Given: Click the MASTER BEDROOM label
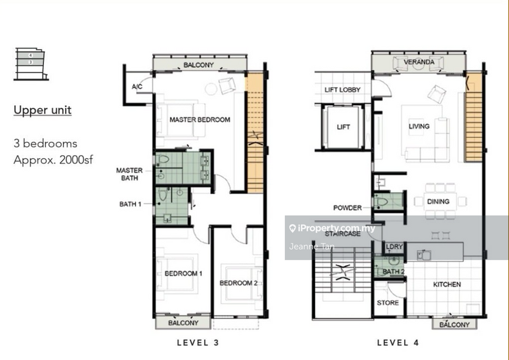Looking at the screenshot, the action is click(x=200, y=120).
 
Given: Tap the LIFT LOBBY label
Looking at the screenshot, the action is click(x=342, y=90).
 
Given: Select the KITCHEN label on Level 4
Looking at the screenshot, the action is click(x=447, y=284).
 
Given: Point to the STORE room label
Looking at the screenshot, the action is click(x=387, y=303).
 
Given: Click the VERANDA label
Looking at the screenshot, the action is click(x=419, y=62).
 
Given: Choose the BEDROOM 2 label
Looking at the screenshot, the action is click(x=239, y=283).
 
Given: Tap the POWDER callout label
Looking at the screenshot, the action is click(x=347, y=208).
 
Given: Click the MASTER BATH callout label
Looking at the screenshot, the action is click(x=130, y=174).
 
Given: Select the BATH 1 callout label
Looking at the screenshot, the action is click(x=130, y=204).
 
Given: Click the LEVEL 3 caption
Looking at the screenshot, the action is click(x=198, y=342).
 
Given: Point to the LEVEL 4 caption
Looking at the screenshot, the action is click(x=398, y=342).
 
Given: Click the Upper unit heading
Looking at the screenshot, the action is click(x=43, y=110).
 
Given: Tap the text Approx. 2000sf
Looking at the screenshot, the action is click(x=53, y=160).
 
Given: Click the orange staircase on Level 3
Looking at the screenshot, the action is click(x=255, y=133).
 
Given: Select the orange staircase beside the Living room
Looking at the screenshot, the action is click(x=473, y=118).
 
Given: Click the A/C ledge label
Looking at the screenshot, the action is click(x=137, y=87).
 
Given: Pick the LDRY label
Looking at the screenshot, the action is click(x=394, y=247).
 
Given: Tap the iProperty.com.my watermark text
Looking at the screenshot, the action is click(x=332, y=228).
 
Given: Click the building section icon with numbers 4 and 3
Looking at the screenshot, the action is click(x=31, y=64).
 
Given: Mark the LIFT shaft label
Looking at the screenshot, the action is click(x=343, y=127).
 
